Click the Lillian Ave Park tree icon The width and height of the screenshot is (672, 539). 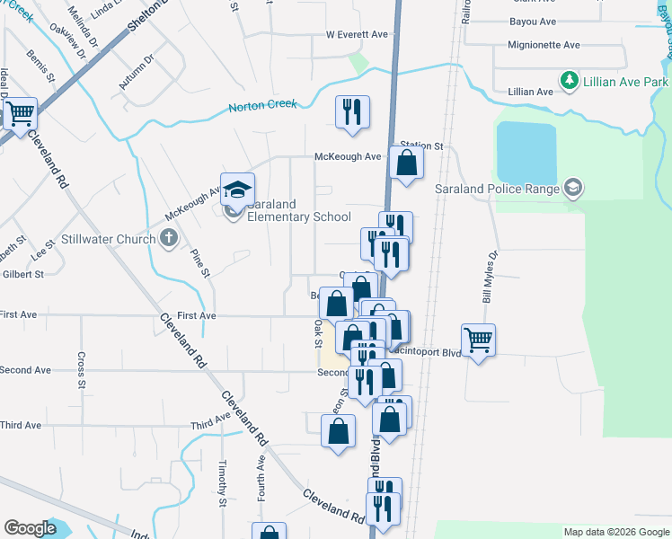point(569,82)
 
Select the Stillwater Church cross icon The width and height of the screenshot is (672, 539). point(168,239)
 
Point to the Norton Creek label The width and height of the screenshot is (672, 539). point(262,105)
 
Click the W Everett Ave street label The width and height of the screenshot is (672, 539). point(357,34)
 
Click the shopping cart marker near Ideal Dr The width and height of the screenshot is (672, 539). point(19,115)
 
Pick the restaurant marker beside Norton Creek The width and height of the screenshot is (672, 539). point(350,112)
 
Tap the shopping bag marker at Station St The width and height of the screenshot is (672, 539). point(407,163)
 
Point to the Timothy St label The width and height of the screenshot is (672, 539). point(222,482)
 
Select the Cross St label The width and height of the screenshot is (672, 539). point(81,370)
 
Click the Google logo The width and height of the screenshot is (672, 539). point(30,528)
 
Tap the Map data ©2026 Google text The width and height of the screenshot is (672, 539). point(615,532)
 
